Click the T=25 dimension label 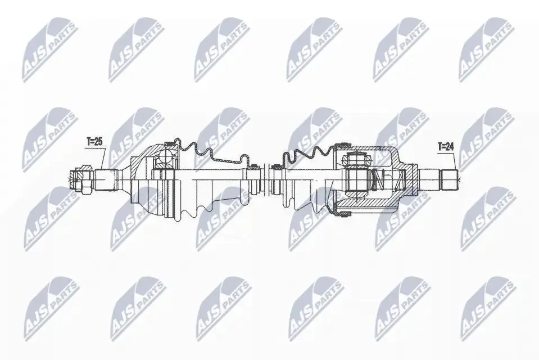coord(94,141)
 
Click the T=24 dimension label coord(446,147)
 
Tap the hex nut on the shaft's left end coord(81,179)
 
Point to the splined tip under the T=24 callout coord(450,179)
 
